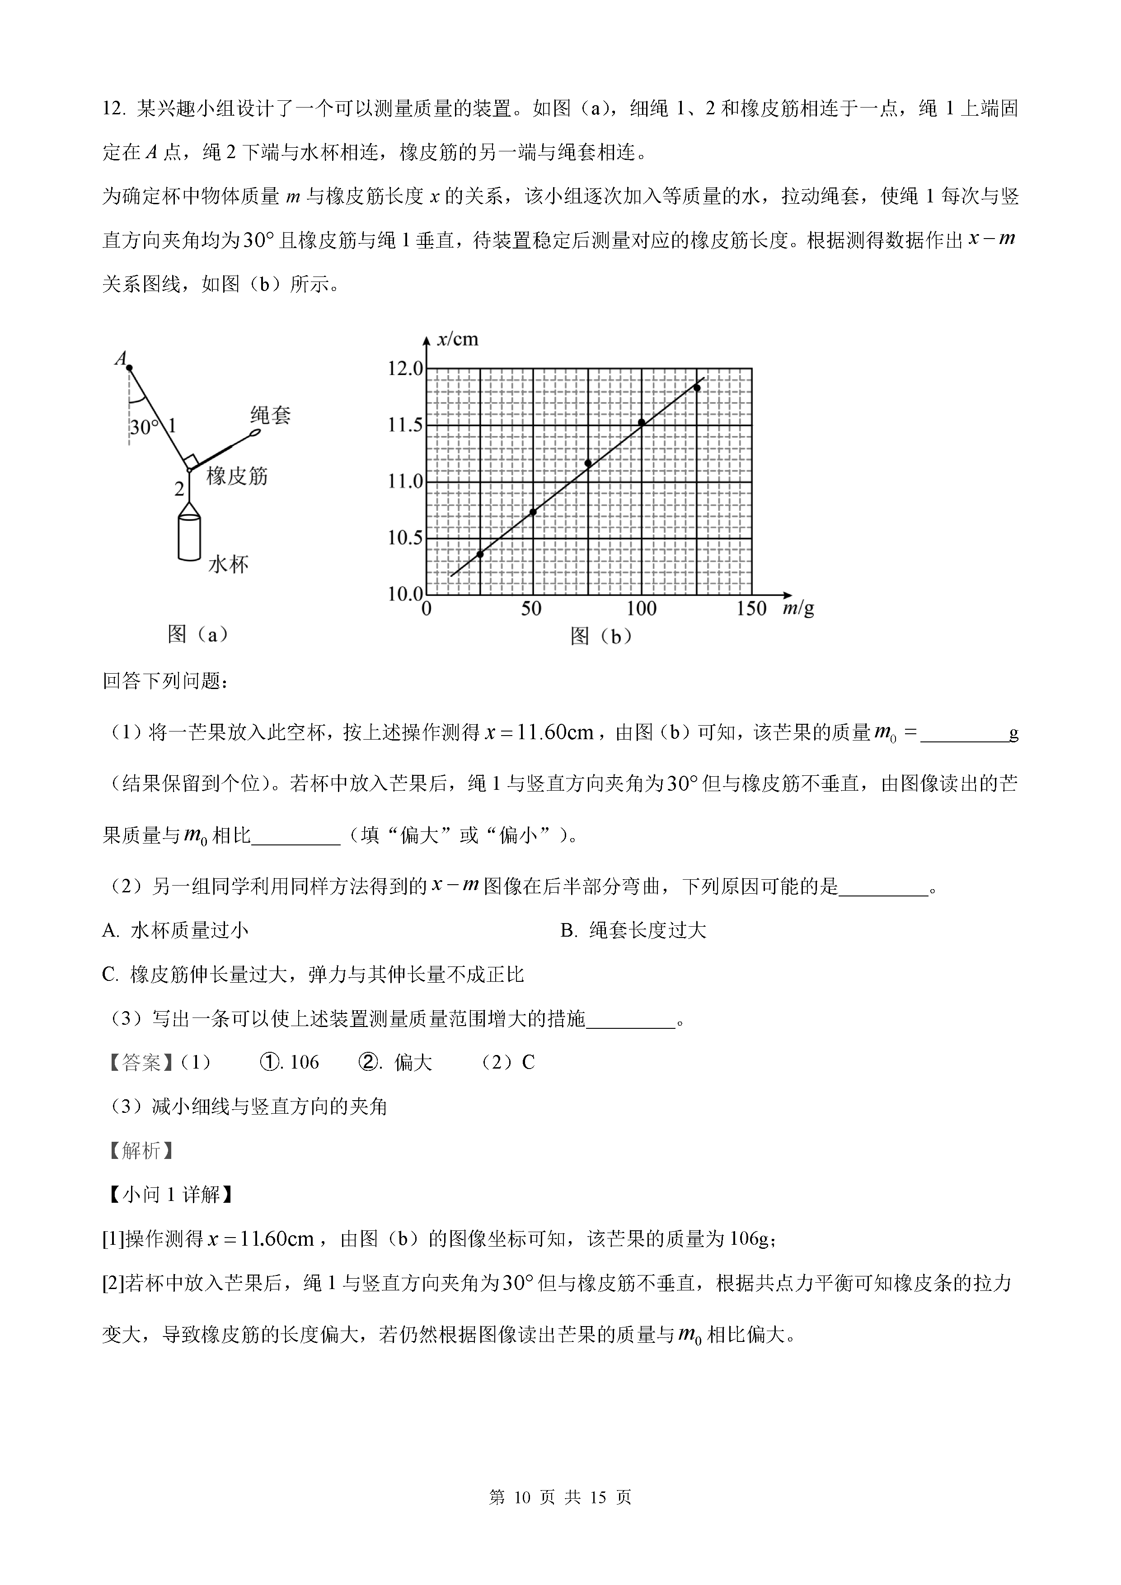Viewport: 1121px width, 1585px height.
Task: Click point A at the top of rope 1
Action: click(129, 368)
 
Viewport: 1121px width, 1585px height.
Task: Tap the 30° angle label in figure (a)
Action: click(143, 427)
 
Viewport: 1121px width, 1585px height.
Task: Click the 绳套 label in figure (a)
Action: click(271, 415)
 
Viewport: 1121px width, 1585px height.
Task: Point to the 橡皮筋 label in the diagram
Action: click(237, 476)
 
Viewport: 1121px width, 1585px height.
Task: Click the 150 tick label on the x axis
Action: click(751, 609)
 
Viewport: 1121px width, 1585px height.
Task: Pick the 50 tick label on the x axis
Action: click(531, 609)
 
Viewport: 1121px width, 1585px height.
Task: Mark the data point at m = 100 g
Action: click(641, 422)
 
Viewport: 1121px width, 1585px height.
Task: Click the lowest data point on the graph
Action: click(480, 553)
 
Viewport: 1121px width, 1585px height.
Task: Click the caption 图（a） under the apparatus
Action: click(197, 634)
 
